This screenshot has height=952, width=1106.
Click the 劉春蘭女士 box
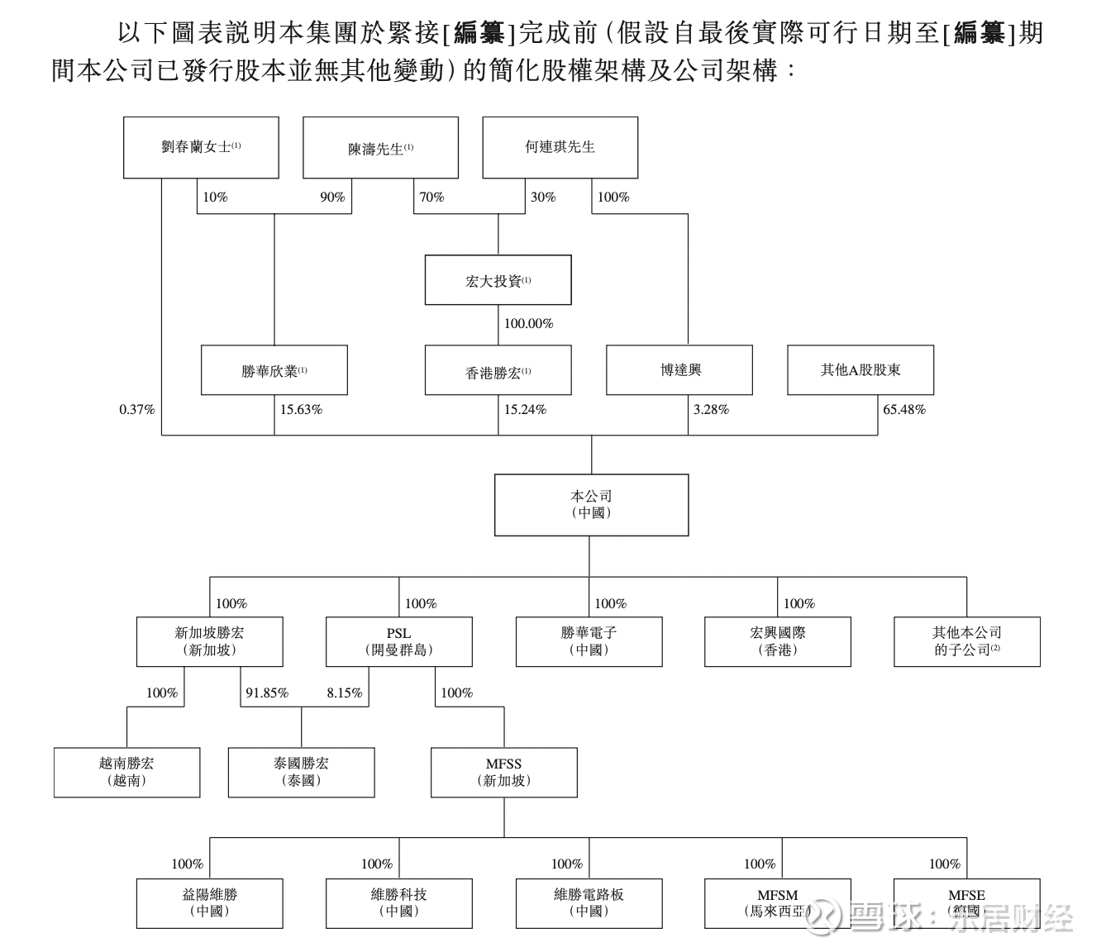pyautogui.click(x=201, y=147)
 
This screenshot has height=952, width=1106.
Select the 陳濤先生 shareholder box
pyautogui.click(x=380, y=148)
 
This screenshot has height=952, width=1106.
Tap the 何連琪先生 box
pyautogui.click(x=560, y=147)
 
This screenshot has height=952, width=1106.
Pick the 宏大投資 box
pyautogui.click(x=498, y=281)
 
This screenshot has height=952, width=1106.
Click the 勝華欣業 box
pyautogui.click(x=274, y=371)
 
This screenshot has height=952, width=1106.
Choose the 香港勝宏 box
pyautogui.click(x=498, y=371)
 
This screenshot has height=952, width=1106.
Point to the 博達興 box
pyautogui.click(x=679, y=370)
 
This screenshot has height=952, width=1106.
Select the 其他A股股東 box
pyautogui.click(x=860, y=370)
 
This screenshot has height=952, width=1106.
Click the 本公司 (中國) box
pyautogui.click(x=591, y=505)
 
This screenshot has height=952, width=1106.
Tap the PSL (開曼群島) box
pyautogui.click(x=399, y=642)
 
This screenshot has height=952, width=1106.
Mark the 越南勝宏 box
pyautogui.click(x=126, y=773)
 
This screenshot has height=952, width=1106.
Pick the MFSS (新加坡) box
pyautogui.click(x=504, y=773)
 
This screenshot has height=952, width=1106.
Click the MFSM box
pyautogui.click(x=777, y=903)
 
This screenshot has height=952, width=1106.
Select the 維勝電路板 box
pyautogui.click(x=589, y=903)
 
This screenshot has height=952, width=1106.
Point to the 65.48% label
pyautogui.click(x=904, y=410)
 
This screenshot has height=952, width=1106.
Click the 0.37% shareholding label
pyautogui.click(x=136, y=410)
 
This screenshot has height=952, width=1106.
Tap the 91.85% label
pyautogui.click(x=267, y=693)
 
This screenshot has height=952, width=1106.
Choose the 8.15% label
pyautogui.click(x=345, y=693)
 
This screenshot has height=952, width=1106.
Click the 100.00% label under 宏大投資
pyautogui.click(x=528, y=324)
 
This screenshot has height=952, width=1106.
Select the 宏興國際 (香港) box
pyautogui.click(x=777, y=642)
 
